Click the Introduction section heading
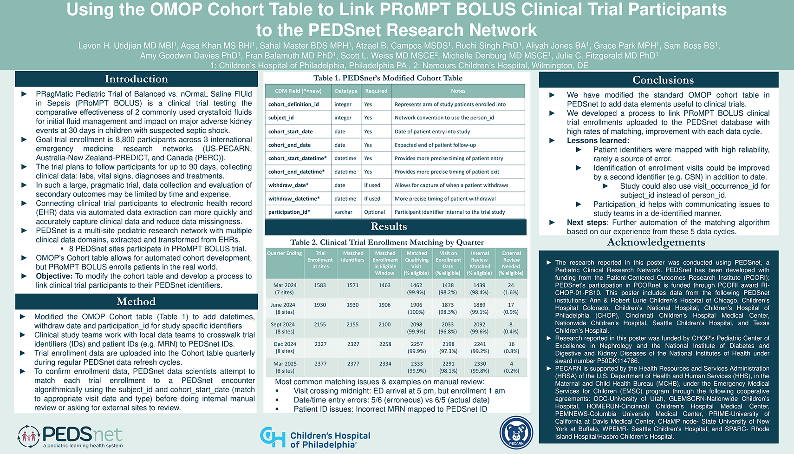[136, 79]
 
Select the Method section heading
[136, 302]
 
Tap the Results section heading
[389, 227]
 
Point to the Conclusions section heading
[663, 80]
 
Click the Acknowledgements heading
[656, 243]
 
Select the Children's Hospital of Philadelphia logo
[315, 437]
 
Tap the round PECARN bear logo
[516, 433]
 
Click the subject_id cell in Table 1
[281, 118]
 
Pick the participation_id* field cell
[289, 212]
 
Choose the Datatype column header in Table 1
[346, 91]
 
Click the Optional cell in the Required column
[374, 212]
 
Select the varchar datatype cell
[343, 212]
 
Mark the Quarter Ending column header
[284, 253]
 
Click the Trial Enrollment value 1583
[320, 285]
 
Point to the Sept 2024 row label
[284, 328]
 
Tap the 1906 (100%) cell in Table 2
[416, 308]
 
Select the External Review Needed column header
[511, 263]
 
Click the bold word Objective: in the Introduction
[54, 276]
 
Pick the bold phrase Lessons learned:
[598, 140]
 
